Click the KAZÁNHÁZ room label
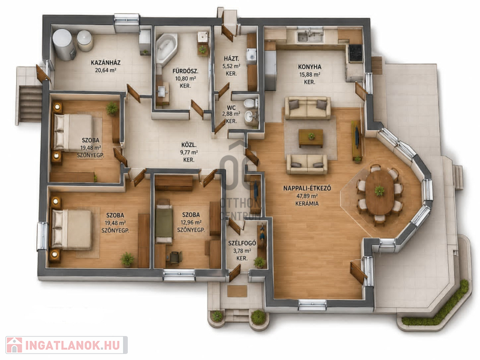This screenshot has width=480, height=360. [106, 63]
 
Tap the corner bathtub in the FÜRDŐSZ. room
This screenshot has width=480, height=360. [166, 49]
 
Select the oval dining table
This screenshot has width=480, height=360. [380, 193]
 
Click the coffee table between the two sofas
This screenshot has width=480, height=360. [311, 138]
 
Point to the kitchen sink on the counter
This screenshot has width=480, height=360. [310, 36]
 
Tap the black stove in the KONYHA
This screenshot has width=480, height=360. [356, 53]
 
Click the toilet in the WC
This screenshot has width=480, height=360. [250, 103]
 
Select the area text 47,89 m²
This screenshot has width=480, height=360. [307, 196]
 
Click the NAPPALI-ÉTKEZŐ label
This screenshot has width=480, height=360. [307, 188]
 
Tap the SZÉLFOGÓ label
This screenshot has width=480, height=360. [242, 244]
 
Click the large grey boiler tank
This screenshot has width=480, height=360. [64, 44]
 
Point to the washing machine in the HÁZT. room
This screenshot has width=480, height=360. [251, 56]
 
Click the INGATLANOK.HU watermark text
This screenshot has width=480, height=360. [72, 346]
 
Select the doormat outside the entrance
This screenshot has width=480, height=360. [237, 291]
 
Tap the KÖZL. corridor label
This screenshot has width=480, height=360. [189, 145]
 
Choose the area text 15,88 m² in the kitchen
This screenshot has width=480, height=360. [310, 74]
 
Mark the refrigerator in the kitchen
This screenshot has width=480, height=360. [271, 70]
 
